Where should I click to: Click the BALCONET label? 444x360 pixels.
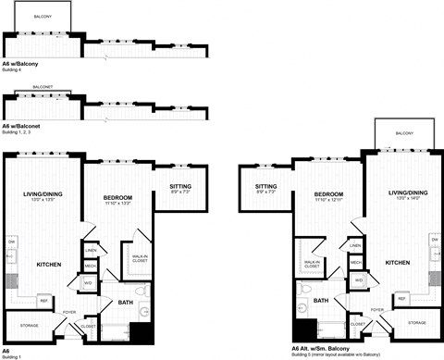click(43, 87)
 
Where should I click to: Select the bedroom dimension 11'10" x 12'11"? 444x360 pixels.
click(329, 199)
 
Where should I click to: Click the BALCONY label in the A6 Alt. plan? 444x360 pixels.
click(404, 134)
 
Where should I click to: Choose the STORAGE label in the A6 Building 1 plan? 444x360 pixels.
click(27, 325)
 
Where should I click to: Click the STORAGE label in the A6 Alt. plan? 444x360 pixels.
click(417, 322)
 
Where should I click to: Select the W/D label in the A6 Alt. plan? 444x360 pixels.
click(358, 279)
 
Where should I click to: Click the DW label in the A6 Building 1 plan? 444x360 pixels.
click(12, 242)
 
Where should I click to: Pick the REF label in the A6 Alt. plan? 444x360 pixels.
click(401, 298)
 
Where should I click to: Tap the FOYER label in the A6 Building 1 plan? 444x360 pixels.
click(69, 312)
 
